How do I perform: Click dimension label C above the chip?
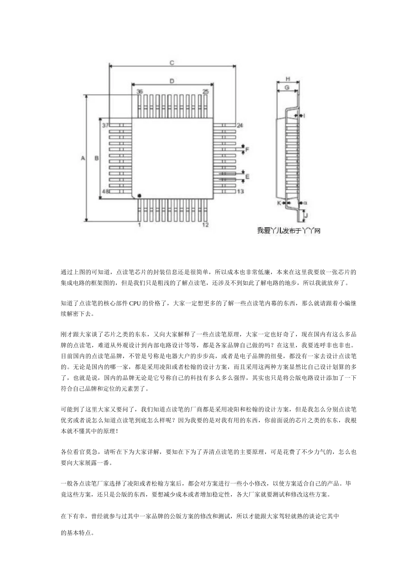(x=172, y=63)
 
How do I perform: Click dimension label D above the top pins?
(x=172, y=81)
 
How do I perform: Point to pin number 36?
(x=139, y=91)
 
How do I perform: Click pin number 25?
(x=205, y=91)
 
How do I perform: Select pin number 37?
(x=105, y=126)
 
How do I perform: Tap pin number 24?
(x=240, y=126)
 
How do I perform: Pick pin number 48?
(x=105, y=192)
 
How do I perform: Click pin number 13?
(x=240, y=192)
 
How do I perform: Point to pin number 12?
(x=205, y=225)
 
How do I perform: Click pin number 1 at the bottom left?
(x=139, y=225)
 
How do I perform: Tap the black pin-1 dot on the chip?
(x=139, y=195)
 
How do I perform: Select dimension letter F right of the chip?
(x=247, y=150)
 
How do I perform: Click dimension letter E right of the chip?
(x=247, y=177)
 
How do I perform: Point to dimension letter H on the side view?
(x=288, y=79)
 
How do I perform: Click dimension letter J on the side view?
(x=306, y=216)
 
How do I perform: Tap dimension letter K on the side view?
(x=279, y=203)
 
